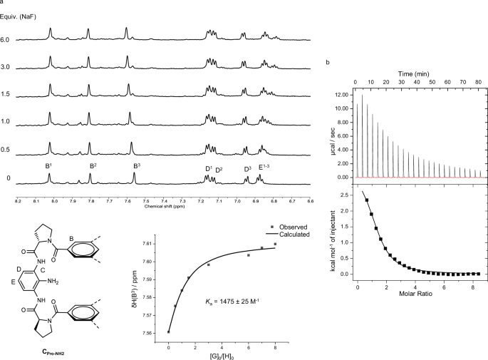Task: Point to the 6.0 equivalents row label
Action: tap(7, 40)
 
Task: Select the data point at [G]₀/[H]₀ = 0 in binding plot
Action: tap(168, 331)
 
